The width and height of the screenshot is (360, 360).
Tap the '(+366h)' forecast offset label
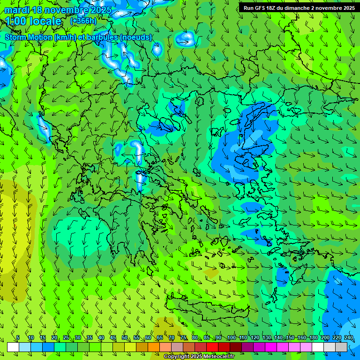(x=83, y=21)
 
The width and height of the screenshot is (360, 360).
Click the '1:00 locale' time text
(x=34, y=21)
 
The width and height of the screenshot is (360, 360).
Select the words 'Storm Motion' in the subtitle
(x=29, y=37)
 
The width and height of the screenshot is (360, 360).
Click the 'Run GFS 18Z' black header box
(x=299, y=8)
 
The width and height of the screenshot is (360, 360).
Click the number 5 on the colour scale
(x=18, y=338)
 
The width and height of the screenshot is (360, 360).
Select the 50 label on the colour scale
(x=124, y=338)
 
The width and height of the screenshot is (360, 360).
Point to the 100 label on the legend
(x=231, y=338)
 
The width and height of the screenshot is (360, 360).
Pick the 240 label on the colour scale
(x=349, y=338)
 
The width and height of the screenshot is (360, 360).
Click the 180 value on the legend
(x=313, y=338)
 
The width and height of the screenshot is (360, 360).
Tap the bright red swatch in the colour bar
(x=212, y=347)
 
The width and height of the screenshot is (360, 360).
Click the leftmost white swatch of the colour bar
(x=13, y=347)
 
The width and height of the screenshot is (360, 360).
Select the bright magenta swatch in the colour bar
(x=271, y=347)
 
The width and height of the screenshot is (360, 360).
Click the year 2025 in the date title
(x=101, y=10)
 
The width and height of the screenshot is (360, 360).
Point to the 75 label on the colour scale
(x=183, y=338)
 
